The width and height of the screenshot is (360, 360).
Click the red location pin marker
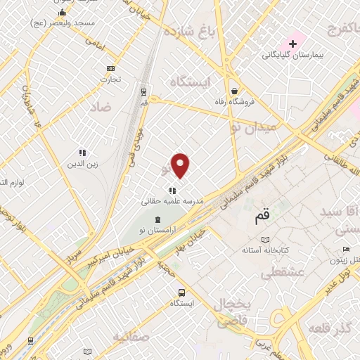(181, 166)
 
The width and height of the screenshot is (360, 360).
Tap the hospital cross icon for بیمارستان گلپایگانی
(292, 44)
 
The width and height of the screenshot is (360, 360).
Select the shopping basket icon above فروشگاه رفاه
(234, 90)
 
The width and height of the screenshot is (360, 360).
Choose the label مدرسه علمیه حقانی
(172, 201)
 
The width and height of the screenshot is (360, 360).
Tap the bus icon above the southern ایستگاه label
(182, 292)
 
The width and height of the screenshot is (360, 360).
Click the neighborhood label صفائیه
(149, 337)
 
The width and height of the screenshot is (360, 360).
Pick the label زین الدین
(81, 164)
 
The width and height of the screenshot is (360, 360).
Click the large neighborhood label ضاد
(101, 107)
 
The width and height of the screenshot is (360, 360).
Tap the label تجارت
(110, 79)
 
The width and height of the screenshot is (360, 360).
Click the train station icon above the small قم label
(144, 91)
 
